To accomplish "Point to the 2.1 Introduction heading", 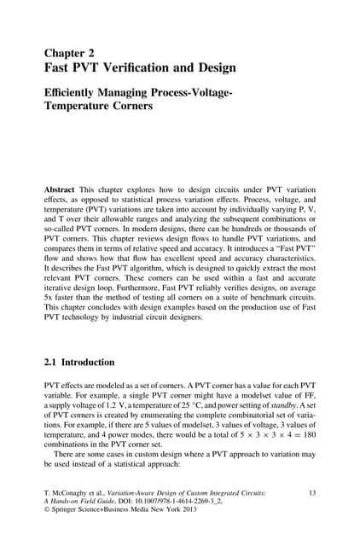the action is (x=78, y=362).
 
